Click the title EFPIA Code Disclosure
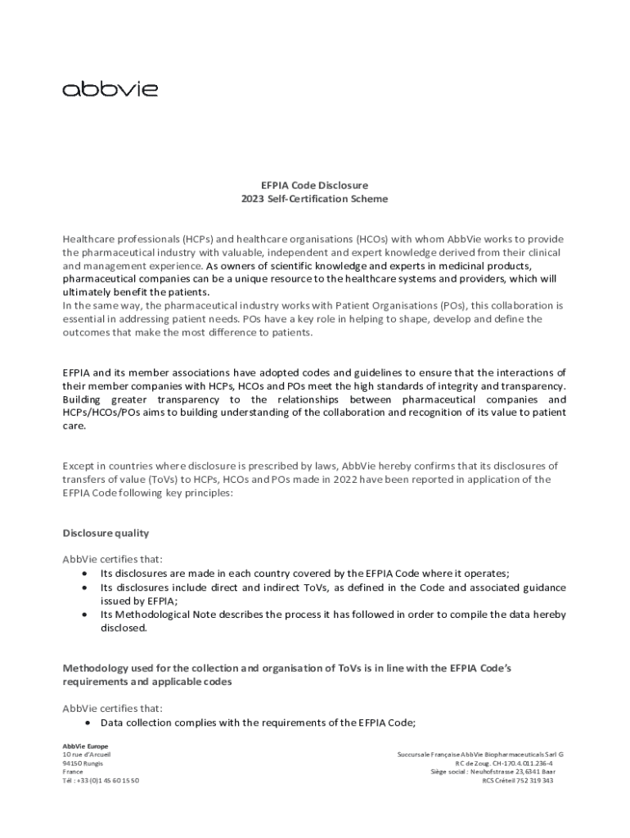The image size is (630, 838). tap(314, 185)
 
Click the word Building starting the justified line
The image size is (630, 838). tap(85, 399)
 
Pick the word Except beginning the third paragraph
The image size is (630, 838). tap(79, 466)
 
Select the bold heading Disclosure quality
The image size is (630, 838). tap(106, 533)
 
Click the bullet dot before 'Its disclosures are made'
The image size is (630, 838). tap(86, 574)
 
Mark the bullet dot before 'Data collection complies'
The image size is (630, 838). tap(86, 723)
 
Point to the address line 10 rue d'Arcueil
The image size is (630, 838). tap(87, 754)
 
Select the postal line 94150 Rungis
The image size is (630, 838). tap(83, 763)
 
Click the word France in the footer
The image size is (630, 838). tap(73, 772)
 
